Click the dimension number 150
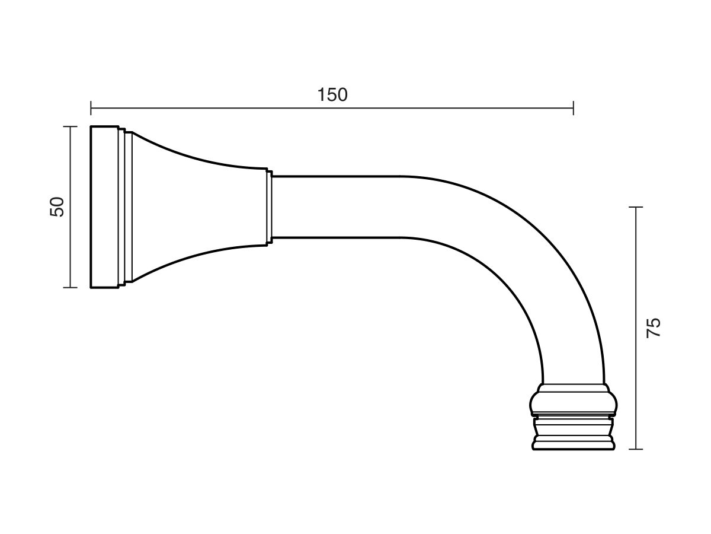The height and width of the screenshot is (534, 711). [332, 95]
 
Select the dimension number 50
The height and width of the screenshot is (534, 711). [57, 207]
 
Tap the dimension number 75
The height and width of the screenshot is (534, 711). [653, 328]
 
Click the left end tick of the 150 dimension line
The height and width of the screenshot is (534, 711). [91, 108]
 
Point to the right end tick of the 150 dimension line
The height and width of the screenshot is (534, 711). [573, 108]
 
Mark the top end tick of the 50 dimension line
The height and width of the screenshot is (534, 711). [71, 126]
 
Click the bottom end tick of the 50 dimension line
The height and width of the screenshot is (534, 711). [71, 287]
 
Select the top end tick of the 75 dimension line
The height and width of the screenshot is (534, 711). [636, 207]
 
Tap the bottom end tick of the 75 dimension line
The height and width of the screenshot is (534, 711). [636, 449]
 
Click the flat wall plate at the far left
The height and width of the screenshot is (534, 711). [104, 207]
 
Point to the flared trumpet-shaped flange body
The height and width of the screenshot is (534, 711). [190, 207]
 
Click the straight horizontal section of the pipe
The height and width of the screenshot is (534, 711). [338, 207]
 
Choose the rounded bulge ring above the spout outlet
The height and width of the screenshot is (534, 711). [573, 402]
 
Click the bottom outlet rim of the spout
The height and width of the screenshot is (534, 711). [573, 444]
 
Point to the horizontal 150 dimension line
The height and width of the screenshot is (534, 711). [415, 108]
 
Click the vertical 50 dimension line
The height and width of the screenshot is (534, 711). [71, 249]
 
